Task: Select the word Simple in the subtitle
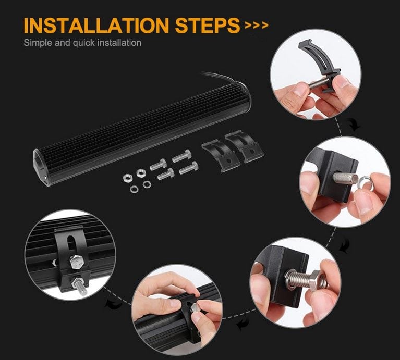pos(37,43)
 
